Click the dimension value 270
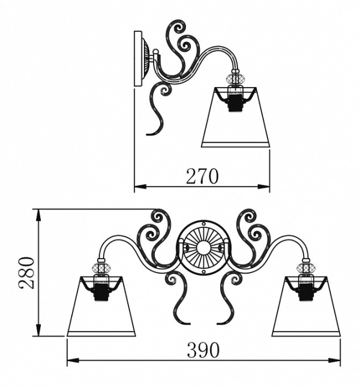click(x=202, y=176)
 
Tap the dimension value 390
click(x=203, y=349)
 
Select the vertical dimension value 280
click(x=26, y=272)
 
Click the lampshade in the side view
click(x=236, y=117)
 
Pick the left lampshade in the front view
click(x=101, y=306)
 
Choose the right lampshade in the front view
click(x=306, y=306)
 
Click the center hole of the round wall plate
click(x=203, y=247)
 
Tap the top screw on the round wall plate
click(x=203, y=224)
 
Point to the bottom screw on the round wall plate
click(x=203, y=271)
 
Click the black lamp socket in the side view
click(x=236, y=103)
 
